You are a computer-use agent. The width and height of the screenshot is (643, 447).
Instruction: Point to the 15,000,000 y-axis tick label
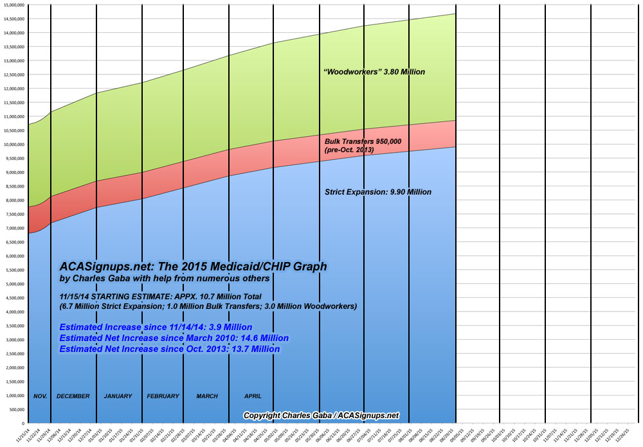[x=14, y=4]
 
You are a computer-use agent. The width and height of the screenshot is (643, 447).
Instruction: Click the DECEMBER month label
[x=73, y=396]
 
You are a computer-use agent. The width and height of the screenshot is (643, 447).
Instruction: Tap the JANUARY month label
[x=118, y=396]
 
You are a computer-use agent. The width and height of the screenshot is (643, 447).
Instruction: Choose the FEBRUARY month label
[x=163, y=396]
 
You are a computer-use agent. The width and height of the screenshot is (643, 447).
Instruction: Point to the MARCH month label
[x=207, y=396]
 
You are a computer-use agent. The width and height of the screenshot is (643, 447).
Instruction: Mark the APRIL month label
[x=253, y=396]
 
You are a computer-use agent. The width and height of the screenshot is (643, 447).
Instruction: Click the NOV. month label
[x=41, y=396]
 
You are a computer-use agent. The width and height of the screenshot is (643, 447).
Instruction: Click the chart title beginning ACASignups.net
[x=193, y=266]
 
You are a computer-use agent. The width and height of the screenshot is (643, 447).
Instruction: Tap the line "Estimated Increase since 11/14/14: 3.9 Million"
[x=156, y=327]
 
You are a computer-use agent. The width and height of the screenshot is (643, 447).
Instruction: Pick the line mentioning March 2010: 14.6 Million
[x=174, y=338]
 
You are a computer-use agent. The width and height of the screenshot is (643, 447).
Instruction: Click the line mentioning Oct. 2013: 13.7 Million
[x=169, y=349]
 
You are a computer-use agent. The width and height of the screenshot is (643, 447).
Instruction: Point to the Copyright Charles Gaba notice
[x=321, y=416]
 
